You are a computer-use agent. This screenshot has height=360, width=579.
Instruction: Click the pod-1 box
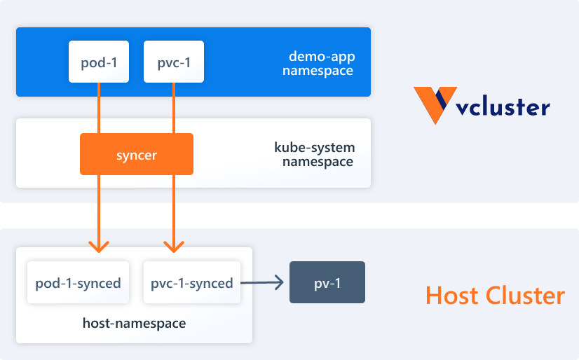[99, 62]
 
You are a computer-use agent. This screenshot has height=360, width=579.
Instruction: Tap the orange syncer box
[137, 154]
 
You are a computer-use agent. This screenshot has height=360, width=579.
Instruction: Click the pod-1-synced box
[78, 283]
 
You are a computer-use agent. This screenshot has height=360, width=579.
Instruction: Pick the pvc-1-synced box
[191, 283]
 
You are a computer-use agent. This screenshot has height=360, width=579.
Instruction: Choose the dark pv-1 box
[327, 282]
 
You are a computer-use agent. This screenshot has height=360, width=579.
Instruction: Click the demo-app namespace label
[322, 63]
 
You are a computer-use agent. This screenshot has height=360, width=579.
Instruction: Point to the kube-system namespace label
[314, 155]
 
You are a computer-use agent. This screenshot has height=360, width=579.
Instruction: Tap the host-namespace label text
[134, 323]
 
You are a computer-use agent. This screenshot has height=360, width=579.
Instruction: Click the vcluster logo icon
[435, 105]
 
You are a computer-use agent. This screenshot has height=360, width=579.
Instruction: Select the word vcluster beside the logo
[502, 108]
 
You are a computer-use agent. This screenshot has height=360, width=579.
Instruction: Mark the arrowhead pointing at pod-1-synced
[99, 247]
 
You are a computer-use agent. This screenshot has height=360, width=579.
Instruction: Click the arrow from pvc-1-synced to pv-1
[262, 283]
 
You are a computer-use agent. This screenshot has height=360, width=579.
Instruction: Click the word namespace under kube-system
[318, 162]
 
